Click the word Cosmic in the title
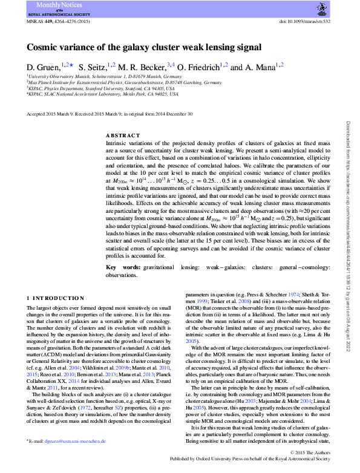point(41,47)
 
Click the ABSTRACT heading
point(123,135)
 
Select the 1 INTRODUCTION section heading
point(56,298)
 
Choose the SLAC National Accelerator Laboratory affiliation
point(103,94)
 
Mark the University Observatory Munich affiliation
point(95,77)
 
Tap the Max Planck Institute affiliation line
point(125,83)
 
